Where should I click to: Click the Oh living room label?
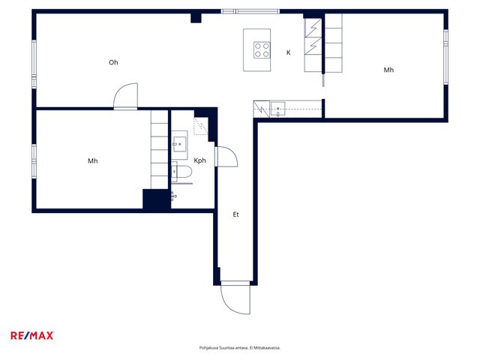pos(113,62)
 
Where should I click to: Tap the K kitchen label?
pos(288,52)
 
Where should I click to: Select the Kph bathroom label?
pos(200,160)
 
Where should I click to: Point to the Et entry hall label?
pos(235,214)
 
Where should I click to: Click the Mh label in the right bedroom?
pos(388,70)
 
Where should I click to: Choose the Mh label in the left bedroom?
pos(93,160)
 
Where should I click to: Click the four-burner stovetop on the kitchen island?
pos(262,50)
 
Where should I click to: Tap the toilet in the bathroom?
pos(181,172)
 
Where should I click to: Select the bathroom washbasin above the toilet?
pos(179,144)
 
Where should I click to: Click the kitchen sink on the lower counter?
pos(278,109)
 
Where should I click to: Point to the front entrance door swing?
pos(235,298)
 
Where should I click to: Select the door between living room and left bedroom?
pos(125,96)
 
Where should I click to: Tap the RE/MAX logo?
pos(32,335)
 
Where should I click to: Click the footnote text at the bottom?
pos(240,348)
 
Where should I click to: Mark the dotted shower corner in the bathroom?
pos(200,127)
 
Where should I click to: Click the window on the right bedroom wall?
pos(446,57)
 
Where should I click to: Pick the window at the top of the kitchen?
pos(250,12)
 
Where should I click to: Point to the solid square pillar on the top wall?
pos(196,18)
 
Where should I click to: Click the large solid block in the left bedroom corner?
pos(156,199)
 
